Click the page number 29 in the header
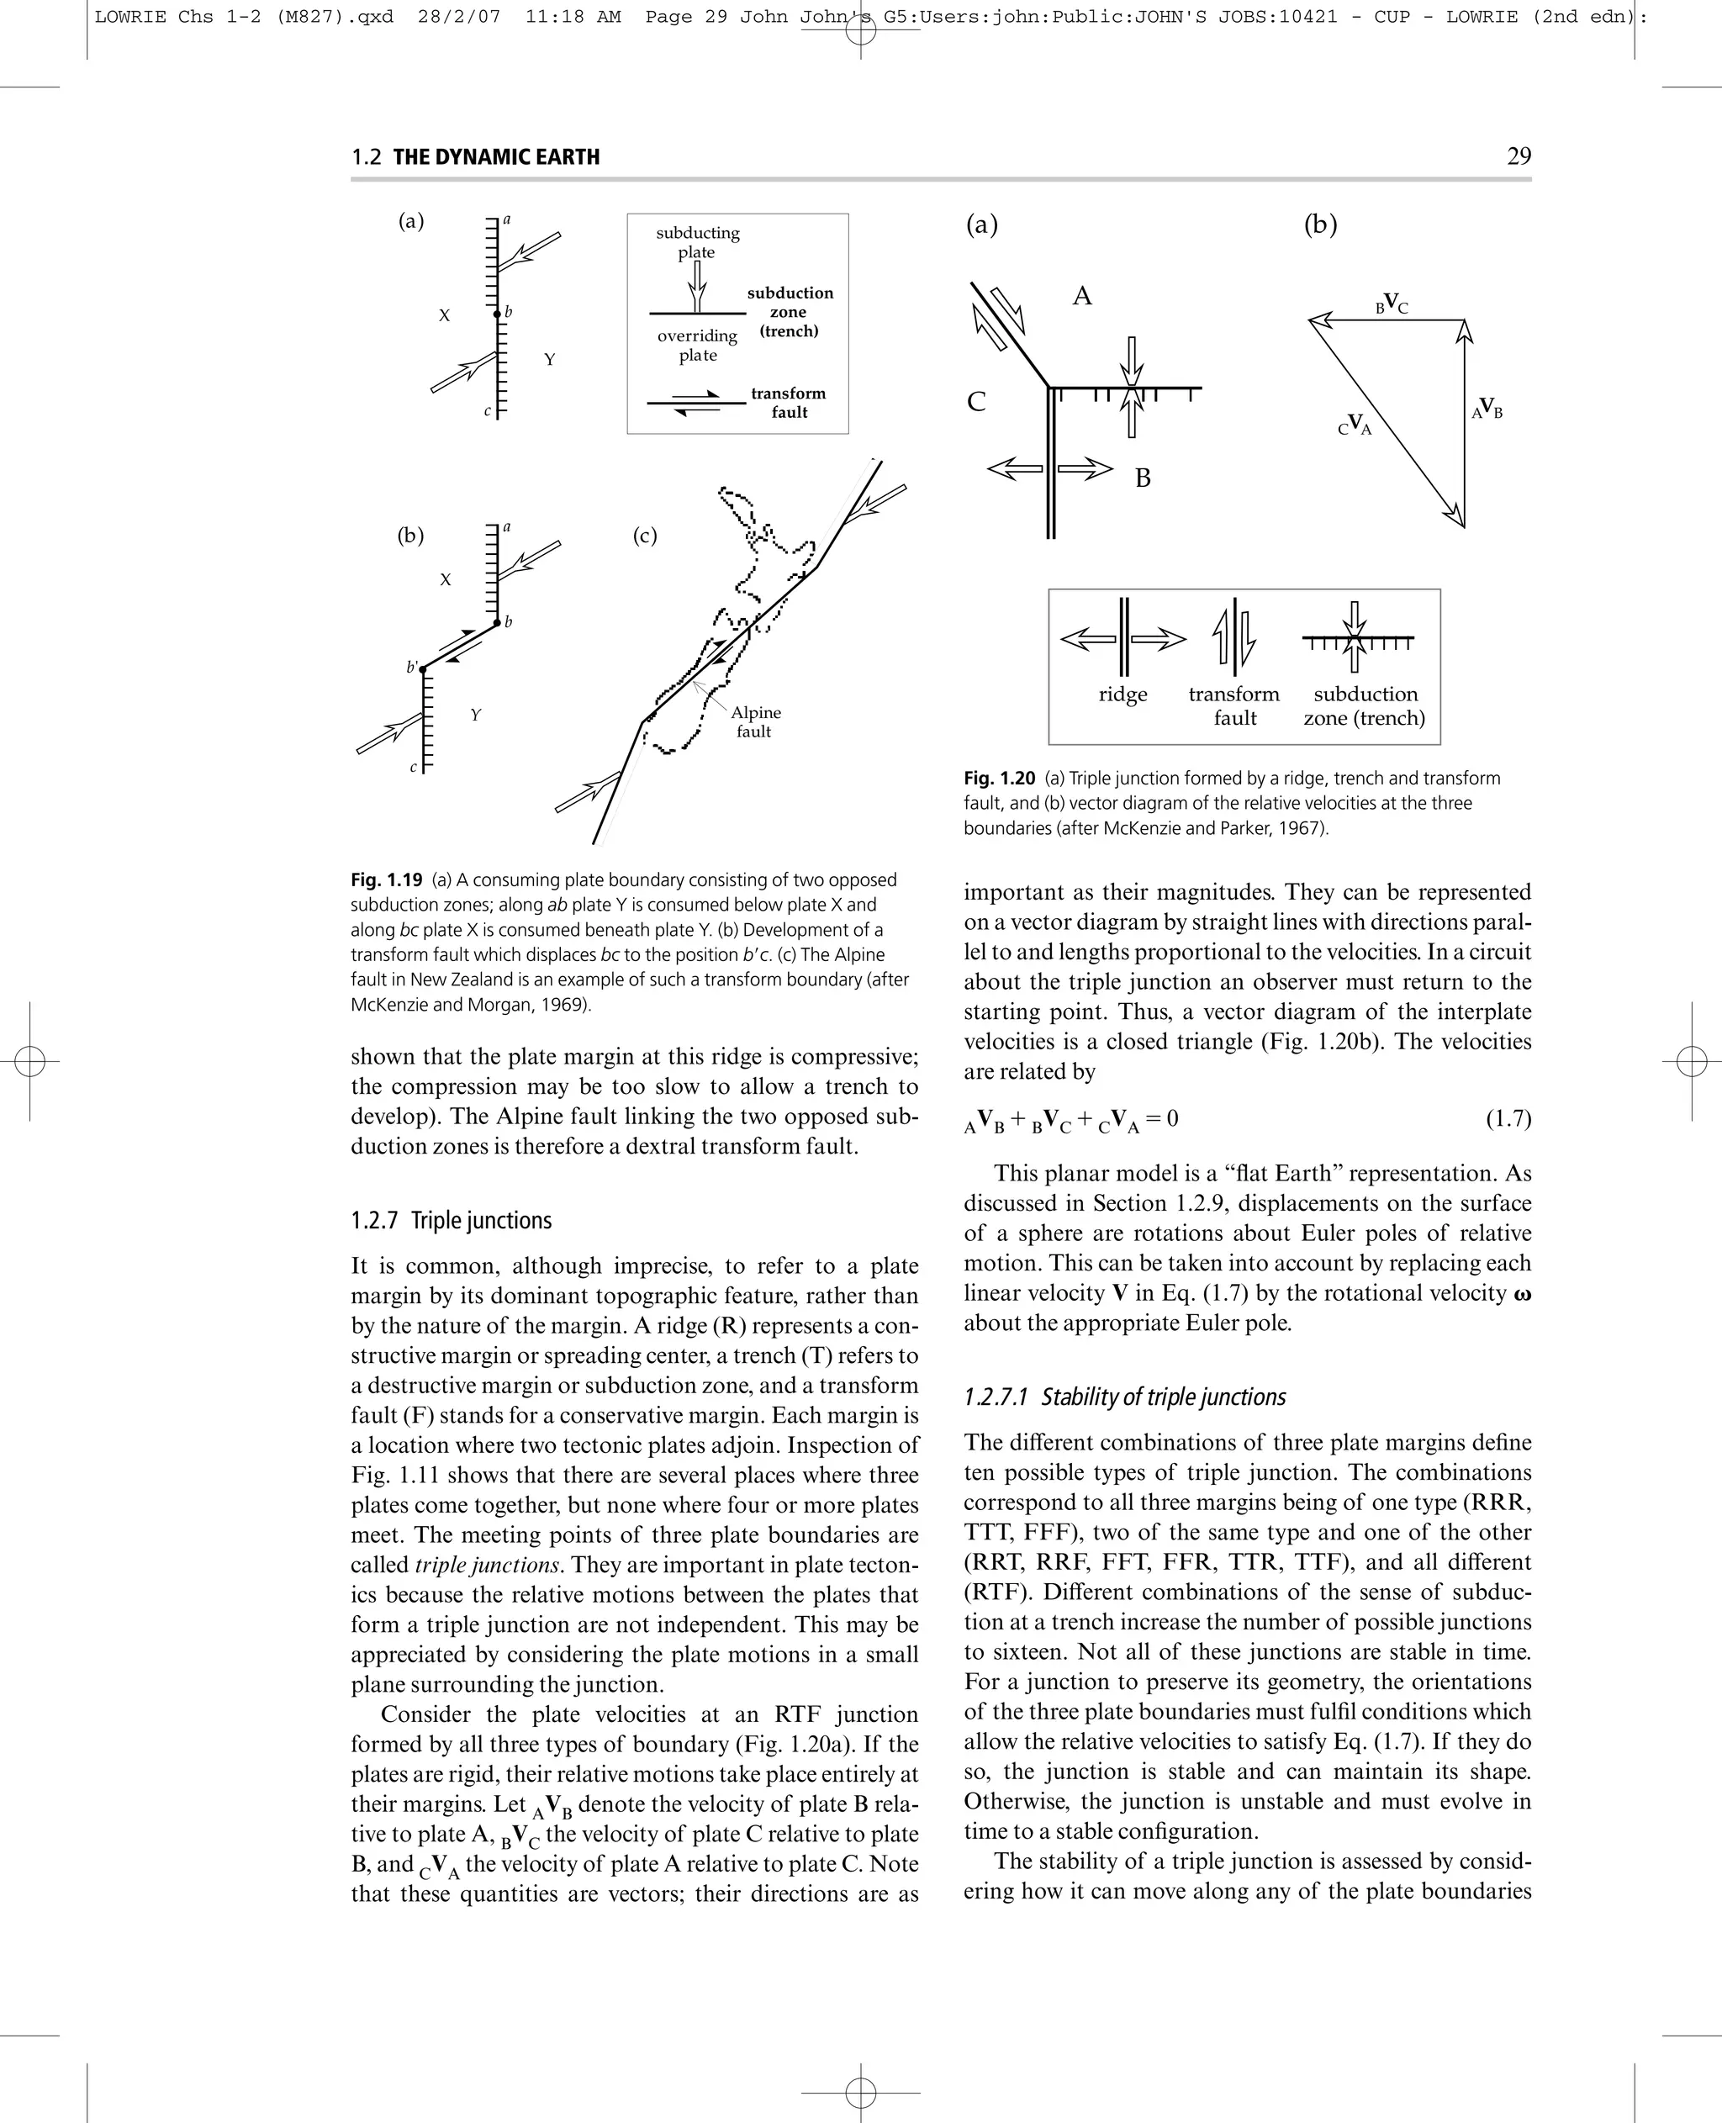(x=1518, y=156)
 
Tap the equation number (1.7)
(x=1508, y=1119)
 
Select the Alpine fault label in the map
(x=755, y=722)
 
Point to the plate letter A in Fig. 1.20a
(x=1082, y=297)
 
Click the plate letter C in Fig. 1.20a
(x=976, y=402)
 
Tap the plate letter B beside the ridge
(x=1143, y=478)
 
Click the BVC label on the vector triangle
(x=1392, y=304)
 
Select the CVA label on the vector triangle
(x=1355, y=425)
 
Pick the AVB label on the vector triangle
(x=1486, y=409)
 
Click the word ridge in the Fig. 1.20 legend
(x=1122, y=694)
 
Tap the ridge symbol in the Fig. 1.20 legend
(x=1122, y=639)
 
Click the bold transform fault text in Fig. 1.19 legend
(x=789, y=403)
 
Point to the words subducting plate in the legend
(x=697, y=242)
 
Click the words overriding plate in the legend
(x=697, y=346)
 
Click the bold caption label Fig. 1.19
(x=387, y=880)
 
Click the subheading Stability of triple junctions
(x=1125, y=1397)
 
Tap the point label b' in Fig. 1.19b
(x=412, y=667)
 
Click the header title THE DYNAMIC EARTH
(x=496, y=156)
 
